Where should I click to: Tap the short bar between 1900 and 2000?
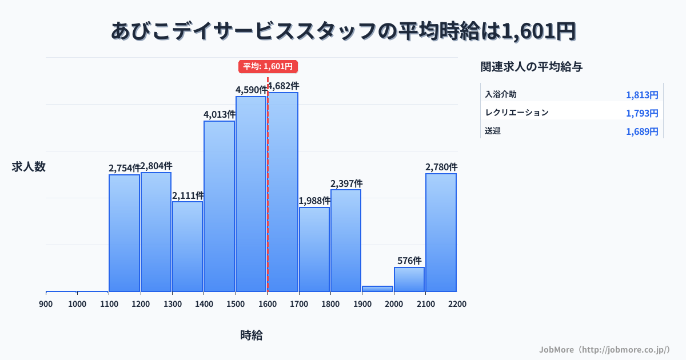tap(377, 289)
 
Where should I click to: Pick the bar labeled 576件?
tap(409, 279)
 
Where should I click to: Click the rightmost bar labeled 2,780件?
tap(441, 232)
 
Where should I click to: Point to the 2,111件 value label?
tap(188, 195)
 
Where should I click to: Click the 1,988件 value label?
tap(314, 201)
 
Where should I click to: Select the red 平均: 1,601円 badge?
tap(268, 66)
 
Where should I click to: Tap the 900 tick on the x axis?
tap(46, 304)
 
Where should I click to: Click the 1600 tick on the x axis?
tap(267, 304)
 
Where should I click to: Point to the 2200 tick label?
tap(457, 304)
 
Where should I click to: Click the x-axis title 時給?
tap(252, 335)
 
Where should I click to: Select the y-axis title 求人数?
tap(29, 167)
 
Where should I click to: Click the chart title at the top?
tap(343, 31)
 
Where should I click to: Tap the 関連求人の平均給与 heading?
tap(532, 67)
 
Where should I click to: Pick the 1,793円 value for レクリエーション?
tap(642, 113)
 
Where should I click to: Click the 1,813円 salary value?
tap(642, 95)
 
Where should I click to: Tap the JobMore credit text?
tap(604, 349)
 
